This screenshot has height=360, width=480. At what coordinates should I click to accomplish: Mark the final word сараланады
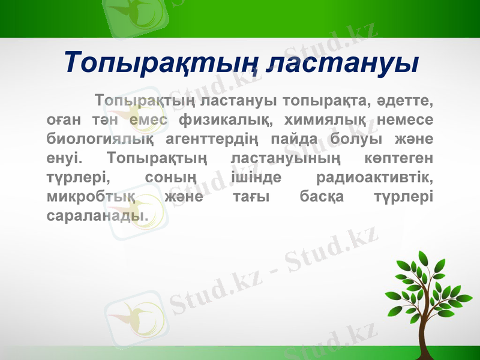(x=97, y=217)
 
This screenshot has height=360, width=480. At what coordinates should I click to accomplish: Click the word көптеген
(x=398, y=159)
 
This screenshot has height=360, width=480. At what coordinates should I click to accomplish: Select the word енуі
(x=62, y=159)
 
